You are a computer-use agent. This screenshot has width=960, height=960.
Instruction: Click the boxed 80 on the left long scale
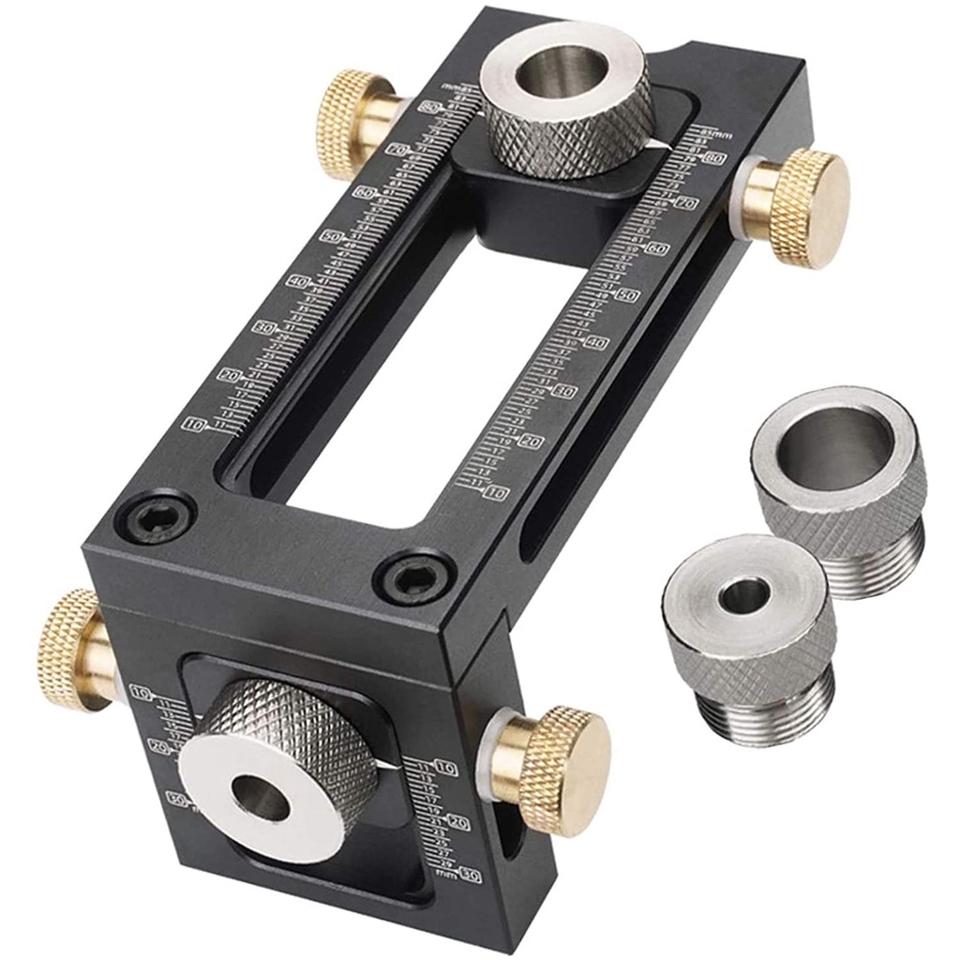pyautogui.click(x=432, y=108)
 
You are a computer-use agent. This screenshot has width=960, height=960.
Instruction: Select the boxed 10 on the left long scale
pyautogui.click(x=195, y=424)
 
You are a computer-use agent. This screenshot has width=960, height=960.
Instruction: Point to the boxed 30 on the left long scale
pyautogui.click(x=265, y=328)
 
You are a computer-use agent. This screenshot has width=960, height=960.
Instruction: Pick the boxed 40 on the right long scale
pyautogui.click(x=596, y=343)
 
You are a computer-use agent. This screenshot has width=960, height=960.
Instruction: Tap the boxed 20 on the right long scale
pyautogui.click(x=532, y=442)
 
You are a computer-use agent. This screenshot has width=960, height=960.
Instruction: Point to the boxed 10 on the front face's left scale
pyautogui.click(x=142, y=694)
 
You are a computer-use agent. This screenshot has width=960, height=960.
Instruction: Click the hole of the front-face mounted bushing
pyautogui.click(x=263, y=798)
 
